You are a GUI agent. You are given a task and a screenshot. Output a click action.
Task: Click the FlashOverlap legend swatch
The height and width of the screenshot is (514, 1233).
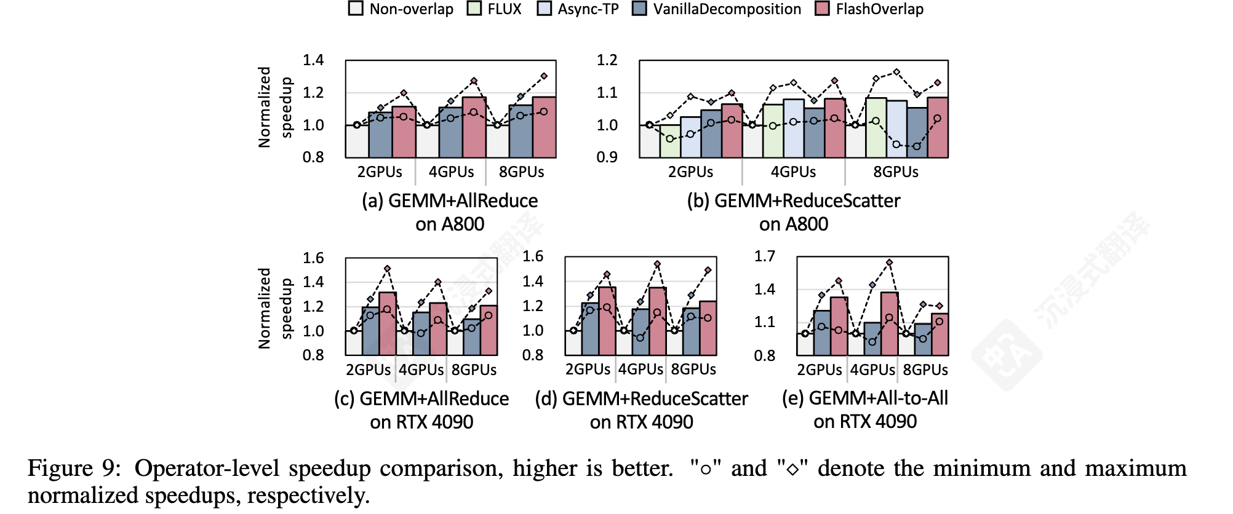[x=822, y=9]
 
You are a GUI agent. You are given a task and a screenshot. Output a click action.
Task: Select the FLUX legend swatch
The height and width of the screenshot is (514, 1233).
[x=474, y=9]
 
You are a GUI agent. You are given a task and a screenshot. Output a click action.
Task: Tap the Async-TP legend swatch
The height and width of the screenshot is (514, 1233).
[x=544, y=9]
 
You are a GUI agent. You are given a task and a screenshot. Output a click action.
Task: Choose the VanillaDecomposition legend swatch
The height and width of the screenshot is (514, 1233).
[x=639, y=9]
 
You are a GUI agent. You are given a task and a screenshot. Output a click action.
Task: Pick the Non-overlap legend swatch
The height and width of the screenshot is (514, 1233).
[x=356, y=9]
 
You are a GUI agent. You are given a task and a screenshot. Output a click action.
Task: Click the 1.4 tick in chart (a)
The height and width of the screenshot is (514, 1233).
[x=313, y=60]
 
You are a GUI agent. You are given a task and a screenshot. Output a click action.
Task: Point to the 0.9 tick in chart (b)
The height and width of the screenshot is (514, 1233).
[x=607, y=157]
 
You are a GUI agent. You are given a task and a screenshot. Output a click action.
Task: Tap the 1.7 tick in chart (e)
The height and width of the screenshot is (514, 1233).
[x=765, y=256]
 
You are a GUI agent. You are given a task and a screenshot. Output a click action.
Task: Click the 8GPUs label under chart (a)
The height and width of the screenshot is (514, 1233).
[x=521, y=172]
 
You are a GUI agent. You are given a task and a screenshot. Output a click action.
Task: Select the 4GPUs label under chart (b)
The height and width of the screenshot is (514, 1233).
[x=793, y=172]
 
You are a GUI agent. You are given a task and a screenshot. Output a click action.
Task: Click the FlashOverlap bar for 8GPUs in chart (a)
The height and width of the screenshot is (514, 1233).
[x=544, y=128]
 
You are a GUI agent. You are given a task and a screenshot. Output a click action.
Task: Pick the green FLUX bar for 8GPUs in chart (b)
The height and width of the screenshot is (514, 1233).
[x=876, y=128]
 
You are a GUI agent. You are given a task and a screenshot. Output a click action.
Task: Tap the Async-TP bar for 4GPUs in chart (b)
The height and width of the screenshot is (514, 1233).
[x=793, y=128]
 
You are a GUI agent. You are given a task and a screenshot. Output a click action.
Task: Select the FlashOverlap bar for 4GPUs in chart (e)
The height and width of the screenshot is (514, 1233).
[x=889, y=324]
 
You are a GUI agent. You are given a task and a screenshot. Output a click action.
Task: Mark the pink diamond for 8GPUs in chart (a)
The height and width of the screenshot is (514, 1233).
[x=544, y=76]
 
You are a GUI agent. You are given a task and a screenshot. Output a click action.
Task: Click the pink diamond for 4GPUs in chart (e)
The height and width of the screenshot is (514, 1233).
[x=889, y=263]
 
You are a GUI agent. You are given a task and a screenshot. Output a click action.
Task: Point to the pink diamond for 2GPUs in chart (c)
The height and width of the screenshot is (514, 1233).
[x=387, y=269]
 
